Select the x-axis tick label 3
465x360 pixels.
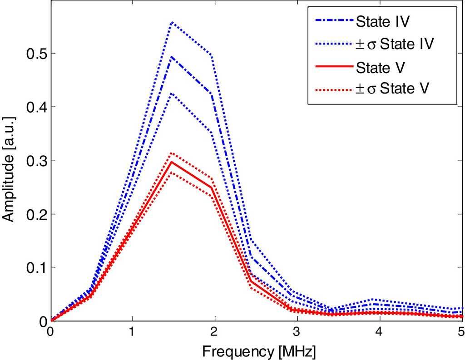297,332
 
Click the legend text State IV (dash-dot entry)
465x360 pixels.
382,21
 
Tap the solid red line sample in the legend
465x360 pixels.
332,66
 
